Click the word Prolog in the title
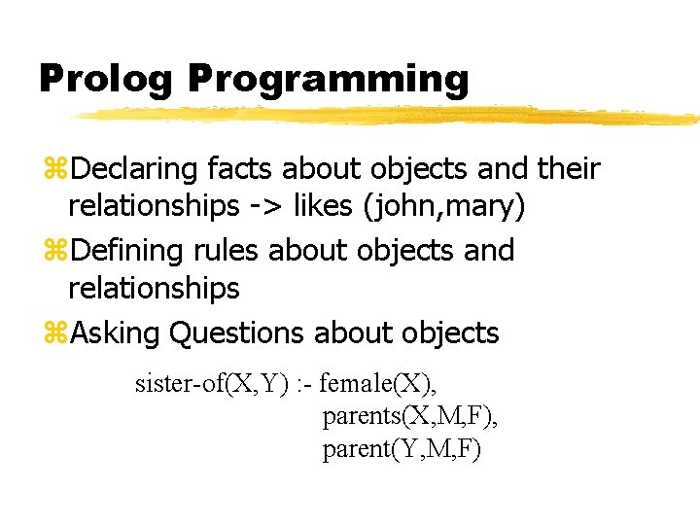105,80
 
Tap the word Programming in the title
329,80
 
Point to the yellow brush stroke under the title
389,116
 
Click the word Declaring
135,168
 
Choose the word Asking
116,332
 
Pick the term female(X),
380,385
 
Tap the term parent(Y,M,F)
402,450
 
